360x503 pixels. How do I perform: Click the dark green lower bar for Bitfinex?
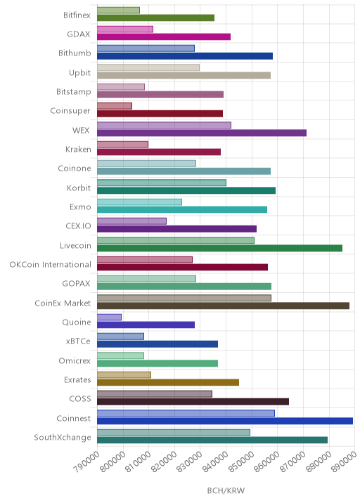point(156,18)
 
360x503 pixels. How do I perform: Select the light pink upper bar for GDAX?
point(125,30)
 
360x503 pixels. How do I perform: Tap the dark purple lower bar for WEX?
point(202,133)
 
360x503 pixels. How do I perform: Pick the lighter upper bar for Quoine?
point(109,318)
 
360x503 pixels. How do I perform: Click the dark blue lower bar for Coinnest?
point(225,421)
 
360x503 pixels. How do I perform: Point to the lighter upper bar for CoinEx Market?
point(184,298)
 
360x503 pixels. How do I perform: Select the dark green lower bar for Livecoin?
point(219,248)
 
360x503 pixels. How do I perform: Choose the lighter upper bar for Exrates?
point(124,374)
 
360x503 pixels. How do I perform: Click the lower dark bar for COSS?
point(193,402)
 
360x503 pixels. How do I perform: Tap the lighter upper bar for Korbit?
point(162,183)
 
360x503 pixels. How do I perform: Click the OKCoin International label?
point(51,265)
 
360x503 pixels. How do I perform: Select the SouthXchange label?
point(63,438)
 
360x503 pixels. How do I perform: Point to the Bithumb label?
point(75,53)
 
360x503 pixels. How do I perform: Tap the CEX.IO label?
point(78,226)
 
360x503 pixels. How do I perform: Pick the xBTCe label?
point(78,341)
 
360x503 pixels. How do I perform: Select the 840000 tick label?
point(215,461)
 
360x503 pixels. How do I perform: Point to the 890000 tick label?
point(345,461)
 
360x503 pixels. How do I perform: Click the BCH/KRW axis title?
point(226,490)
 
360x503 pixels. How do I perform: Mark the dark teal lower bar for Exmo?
point(182,209)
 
